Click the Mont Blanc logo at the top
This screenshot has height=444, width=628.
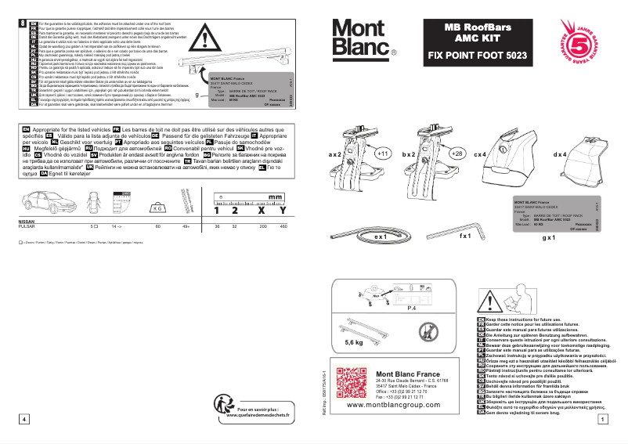click(363, 38)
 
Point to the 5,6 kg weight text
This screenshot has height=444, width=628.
click(354, 342)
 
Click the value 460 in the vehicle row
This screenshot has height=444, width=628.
click(283, 226)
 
